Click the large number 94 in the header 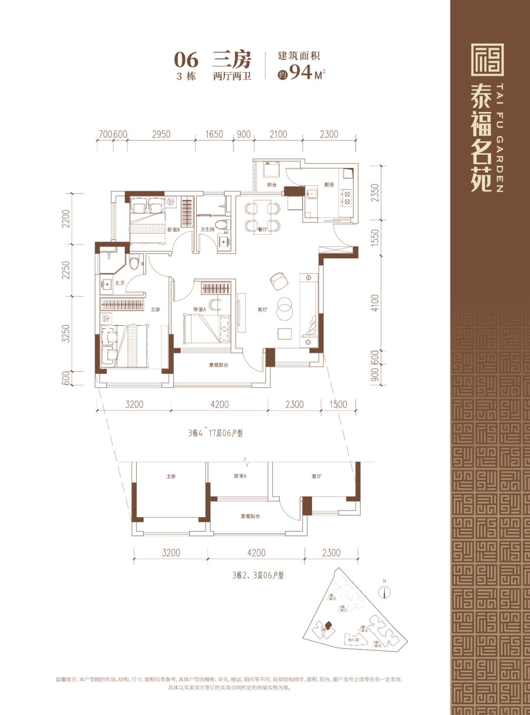[x=301, y=72]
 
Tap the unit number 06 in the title [x=186, y=60]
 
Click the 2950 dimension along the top [x=161, y=134]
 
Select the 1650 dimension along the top [x=214, y=134]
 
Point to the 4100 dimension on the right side [x=375, y=303]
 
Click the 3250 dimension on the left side [x=67, y=333]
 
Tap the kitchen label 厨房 [x=329, y=185]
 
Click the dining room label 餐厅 [x=262, y=229]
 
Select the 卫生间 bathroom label [x=207, y=229]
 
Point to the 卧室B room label [x=173, y=229]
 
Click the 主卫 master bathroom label [x=119, y=283]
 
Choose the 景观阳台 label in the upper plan [x=218, y=365]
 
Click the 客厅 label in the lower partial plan [x=317, y=476]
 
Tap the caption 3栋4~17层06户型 [x=215, y=433]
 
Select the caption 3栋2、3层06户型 [x=258, y=575]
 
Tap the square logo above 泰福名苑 [x=487, y=60]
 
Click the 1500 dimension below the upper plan [x=338, y=404]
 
